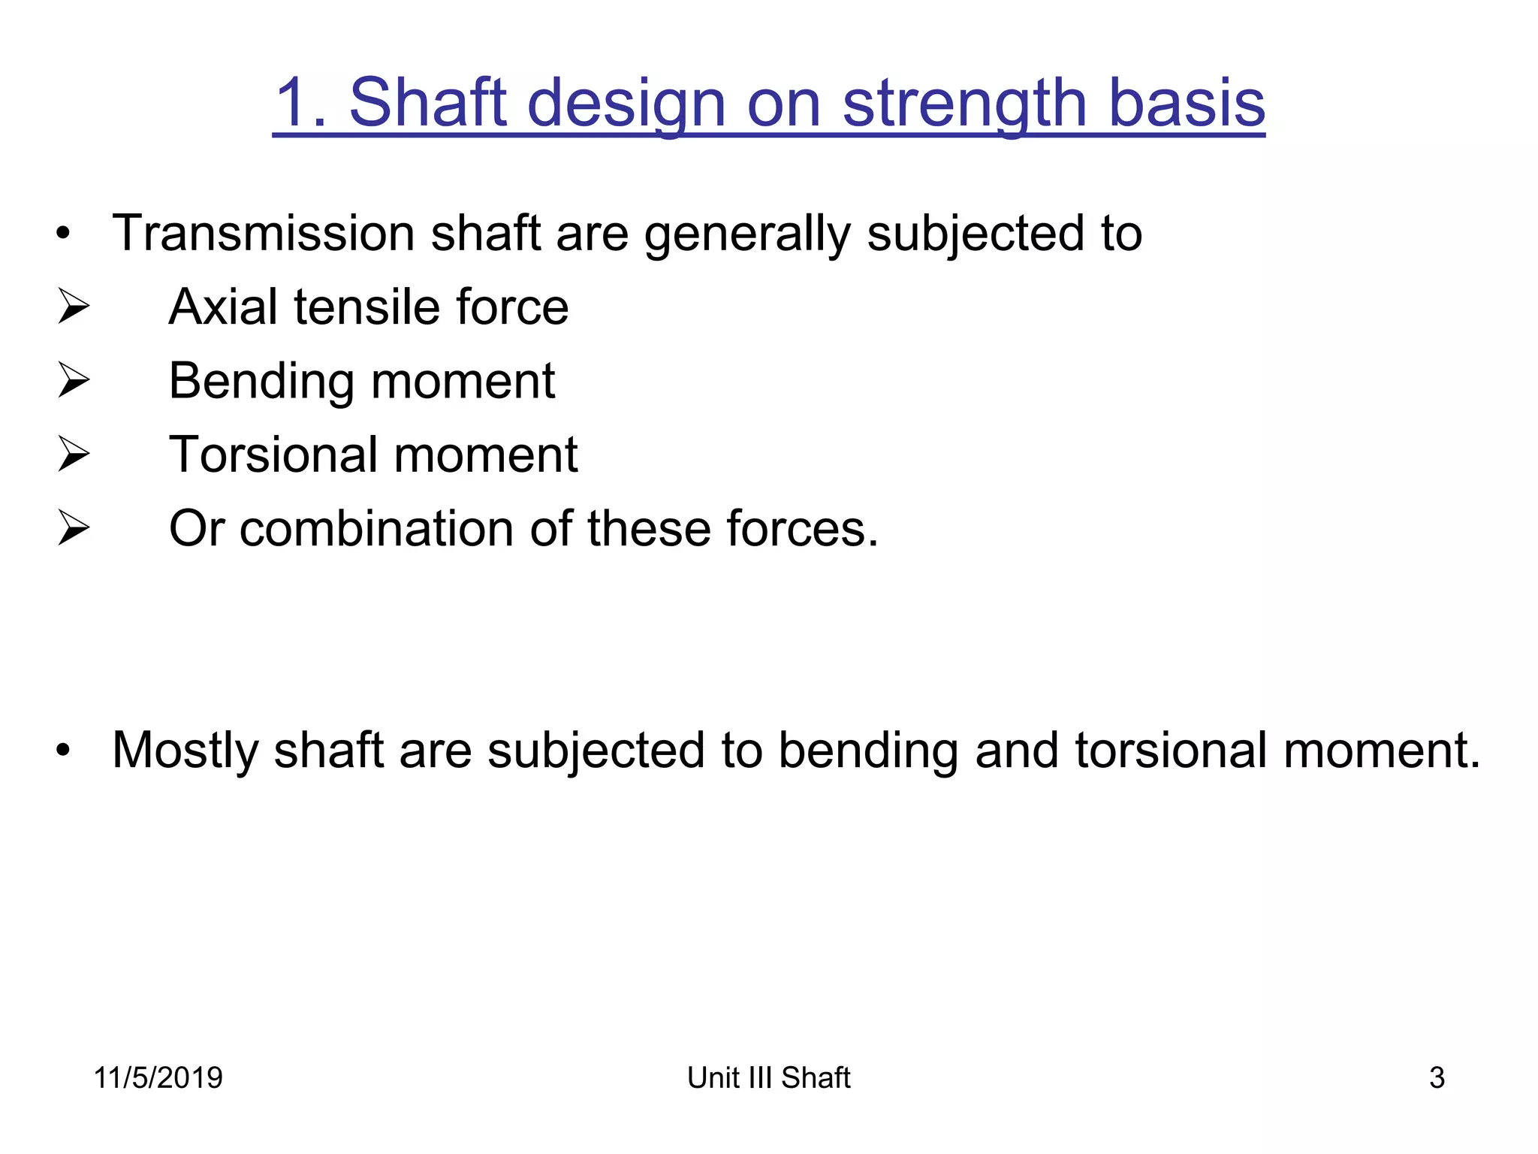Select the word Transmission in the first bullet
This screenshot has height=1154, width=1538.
[x=263, y=233]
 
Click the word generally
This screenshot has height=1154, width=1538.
[x=746, y=234]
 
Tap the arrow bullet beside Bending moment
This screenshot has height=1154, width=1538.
[x=74, y=380]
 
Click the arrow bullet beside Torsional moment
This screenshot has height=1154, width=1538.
[x=74, y=455]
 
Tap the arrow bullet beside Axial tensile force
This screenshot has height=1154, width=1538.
[x=74, y=307]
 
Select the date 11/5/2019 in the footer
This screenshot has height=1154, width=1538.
[x=158, y=1078]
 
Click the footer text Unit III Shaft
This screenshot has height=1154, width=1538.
[x=768, y=1078]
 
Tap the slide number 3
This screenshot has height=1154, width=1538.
[x=1437, y=1078]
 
